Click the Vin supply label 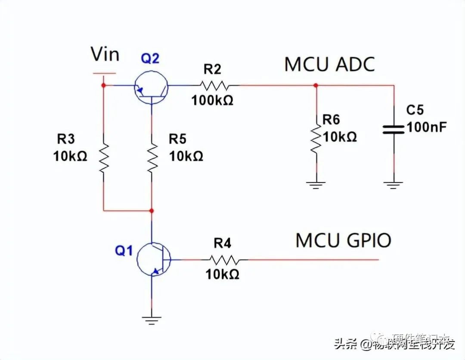point(105,55)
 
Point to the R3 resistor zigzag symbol point(103,158)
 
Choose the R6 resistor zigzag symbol point(316,140)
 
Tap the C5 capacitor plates point(394,129)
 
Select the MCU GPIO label point(343,240)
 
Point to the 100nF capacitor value point(427,127)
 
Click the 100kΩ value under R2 point(212,100)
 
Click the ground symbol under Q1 point(152,320)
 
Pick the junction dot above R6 point(316,85)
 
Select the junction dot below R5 point(152,211)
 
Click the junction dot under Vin point(103,85)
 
